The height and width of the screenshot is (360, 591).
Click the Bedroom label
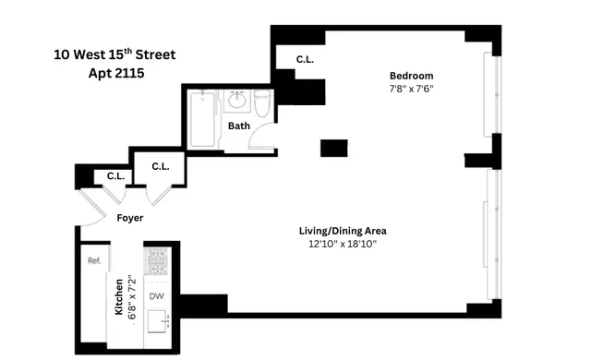(411, 76)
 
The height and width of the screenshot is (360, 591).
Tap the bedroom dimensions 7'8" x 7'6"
(411, 90)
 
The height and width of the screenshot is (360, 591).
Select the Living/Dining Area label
(343, 231)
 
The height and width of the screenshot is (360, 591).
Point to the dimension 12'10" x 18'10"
(343, 245)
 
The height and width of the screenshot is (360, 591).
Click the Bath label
(239, 126)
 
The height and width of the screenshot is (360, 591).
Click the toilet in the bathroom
(262, 104)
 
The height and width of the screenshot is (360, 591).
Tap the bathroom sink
(236, 100)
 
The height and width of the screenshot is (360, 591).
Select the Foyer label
(128, 219)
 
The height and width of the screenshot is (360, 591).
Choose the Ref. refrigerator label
(93, 261)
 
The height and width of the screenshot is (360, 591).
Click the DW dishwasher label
(157, 296)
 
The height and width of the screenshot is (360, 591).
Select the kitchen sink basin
(157, 323)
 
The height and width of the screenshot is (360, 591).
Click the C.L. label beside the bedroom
(305, 60)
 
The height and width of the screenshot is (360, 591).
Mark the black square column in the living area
(333, 148)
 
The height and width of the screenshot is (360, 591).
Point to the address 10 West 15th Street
(114, 54)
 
